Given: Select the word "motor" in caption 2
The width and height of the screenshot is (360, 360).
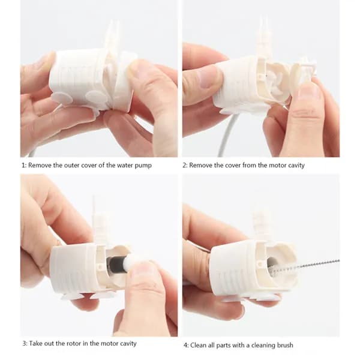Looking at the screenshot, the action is click(277, 166).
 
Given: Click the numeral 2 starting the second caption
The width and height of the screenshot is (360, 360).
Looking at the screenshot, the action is click(184, 166).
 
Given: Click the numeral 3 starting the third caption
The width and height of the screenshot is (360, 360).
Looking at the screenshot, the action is click(24, 344).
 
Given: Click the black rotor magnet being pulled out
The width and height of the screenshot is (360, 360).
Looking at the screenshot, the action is click(115, 263).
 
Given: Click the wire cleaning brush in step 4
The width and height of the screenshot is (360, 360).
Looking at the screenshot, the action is click(305, 267).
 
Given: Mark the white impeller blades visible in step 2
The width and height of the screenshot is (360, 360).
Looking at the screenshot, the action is click(276, 82).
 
